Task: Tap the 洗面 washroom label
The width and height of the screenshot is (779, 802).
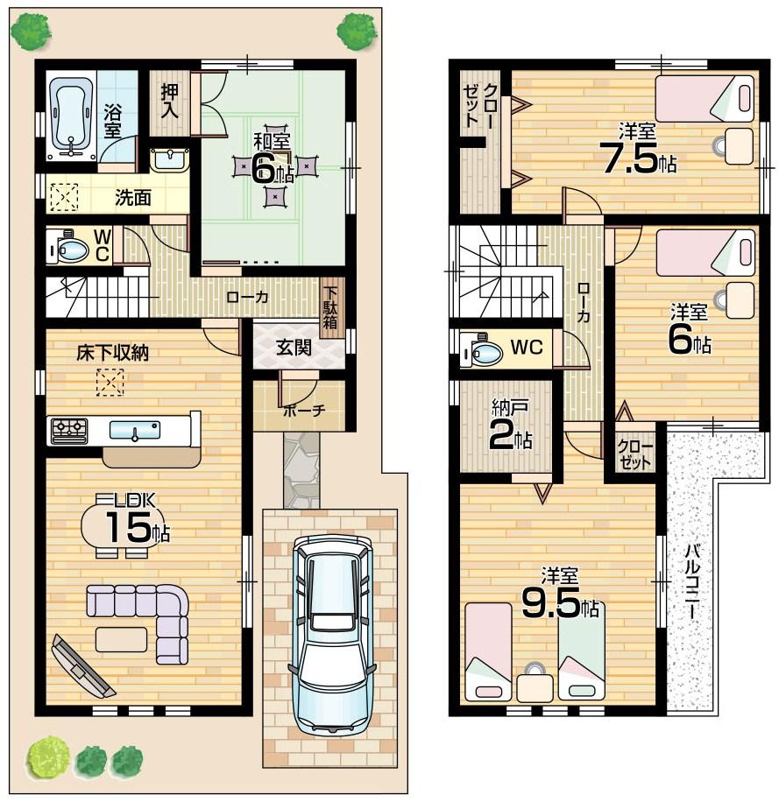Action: click(132, 198)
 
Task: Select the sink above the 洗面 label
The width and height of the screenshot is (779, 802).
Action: click(169, 159)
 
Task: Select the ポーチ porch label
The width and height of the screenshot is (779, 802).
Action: click(303, 410)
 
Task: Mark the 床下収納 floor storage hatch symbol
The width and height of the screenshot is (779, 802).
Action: click(110, 383)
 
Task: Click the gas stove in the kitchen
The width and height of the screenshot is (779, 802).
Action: click(69, 429)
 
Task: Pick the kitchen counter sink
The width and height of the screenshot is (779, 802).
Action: click(134, 430)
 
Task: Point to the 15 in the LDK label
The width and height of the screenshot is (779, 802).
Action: click(126, 527)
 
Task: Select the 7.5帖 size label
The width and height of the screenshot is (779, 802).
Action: click(637, 158)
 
